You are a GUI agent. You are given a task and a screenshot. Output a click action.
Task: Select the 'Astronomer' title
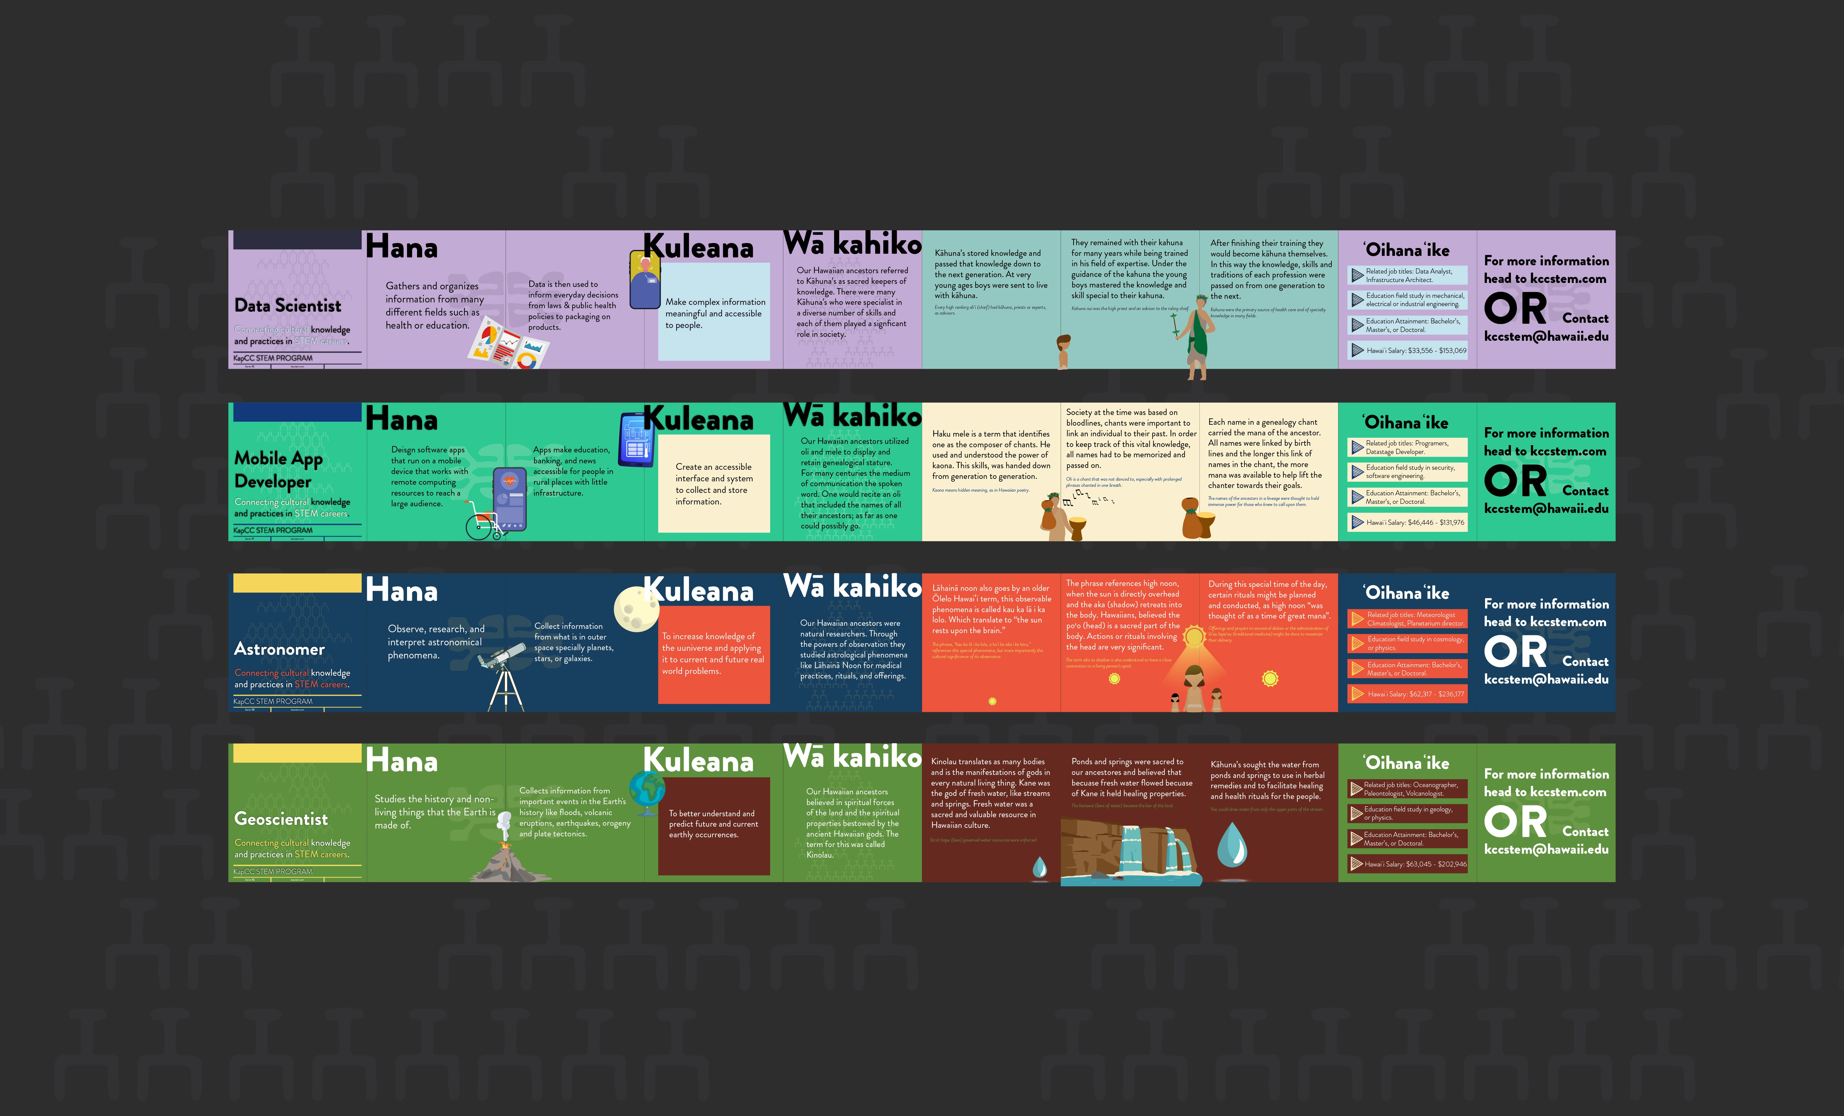[279, 649]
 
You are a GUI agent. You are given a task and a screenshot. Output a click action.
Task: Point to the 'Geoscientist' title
[281, 819]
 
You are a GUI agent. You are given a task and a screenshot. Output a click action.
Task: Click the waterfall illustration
[1130, 849]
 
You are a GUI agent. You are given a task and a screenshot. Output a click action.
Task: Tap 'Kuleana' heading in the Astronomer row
[698, 591]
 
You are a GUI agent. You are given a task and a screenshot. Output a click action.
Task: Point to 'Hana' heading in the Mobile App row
[402, 419]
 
